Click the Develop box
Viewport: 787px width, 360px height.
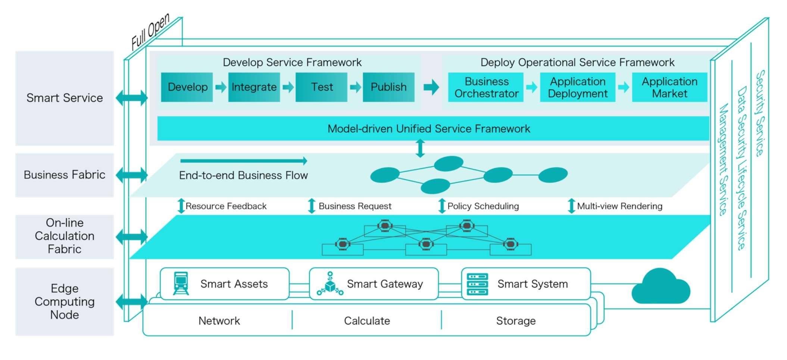tap(187, 87)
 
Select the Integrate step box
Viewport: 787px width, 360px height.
tap(254, 87)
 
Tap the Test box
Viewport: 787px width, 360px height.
tap(321, 87)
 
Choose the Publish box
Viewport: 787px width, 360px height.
tap(388, 87)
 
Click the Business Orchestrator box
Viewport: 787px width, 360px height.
tap(486, 87)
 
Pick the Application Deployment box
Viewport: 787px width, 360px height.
tap(578, 87)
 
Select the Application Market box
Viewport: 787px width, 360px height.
tap(669, 87)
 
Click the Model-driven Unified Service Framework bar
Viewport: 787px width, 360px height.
tap(433, 128)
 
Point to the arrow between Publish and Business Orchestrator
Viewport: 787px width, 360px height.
tap(431, 87)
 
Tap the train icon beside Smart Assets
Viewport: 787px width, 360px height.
tap(181, 284)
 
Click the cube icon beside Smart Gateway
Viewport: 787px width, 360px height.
tap(330, 284)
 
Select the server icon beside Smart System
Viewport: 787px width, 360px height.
tap(478, 284)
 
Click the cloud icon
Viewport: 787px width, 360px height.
tap(660, 287)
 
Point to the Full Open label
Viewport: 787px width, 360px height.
tap(150, 31)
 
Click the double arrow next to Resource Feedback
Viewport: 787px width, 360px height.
tap(181, 206)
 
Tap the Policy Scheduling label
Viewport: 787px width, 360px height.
tap(483, 206)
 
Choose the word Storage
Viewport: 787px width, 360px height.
tap(516, 321)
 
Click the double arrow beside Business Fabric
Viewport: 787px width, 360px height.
tap(132, 175)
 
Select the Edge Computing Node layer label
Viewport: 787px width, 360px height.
tap(65, 301)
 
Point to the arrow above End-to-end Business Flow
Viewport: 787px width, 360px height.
tap(244, 161)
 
